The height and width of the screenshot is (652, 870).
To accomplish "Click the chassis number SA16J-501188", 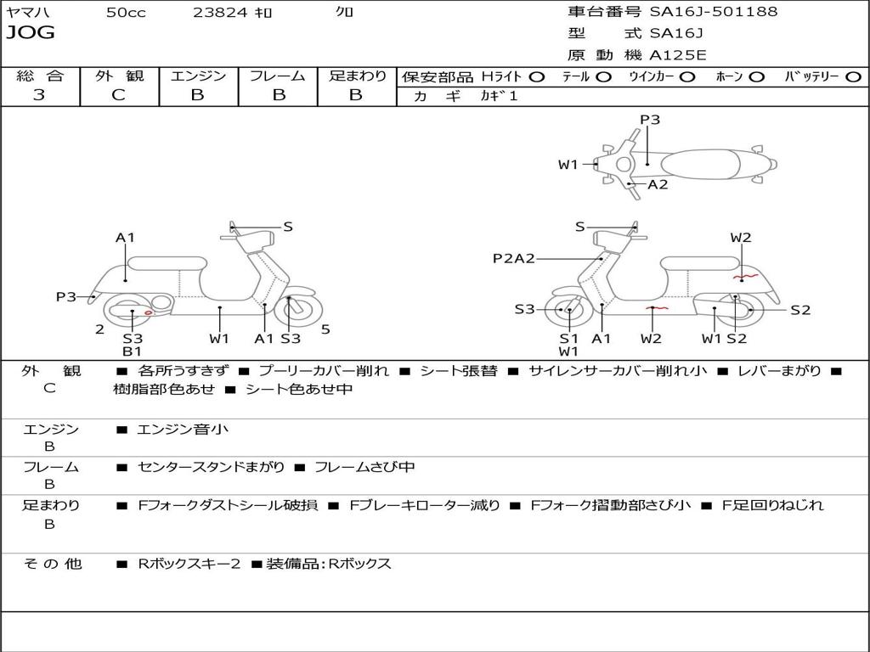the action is coord(714,12).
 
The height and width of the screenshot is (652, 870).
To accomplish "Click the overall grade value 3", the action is coord(39,95).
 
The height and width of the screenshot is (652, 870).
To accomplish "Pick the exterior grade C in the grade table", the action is coord(118,95).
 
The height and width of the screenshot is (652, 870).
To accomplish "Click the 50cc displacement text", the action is coord(126,13).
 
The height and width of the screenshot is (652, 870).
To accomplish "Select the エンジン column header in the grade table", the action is coord(198,76).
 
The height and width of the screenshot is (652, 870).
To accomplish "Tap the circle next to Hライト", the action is coord(537,76).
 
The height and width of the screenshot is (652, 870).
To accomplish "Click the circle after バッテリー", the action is coord(853,76).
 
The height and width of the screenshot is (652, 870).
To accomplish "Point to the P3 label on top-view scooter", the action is coord(650,120).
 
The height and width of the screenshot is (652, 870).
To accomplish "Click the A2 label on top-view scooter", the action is coord(658,184).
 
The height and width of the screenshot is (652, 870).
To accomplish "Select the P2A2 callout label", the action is coord(513,258).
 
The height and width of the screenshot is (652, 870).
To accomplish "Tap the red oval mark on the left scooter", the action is coord(150,314).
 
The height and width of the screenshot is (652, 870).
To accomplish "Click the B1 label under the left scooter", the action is coord(132,351).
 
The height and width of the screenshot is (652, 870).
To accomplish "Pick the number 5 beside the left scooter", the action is coord(325,329).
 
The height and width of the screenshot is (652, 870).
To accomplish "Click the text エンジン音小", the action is coord(183,430).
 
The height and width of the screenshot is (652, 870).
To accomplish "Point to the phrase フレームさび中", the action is coord(364,467).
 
